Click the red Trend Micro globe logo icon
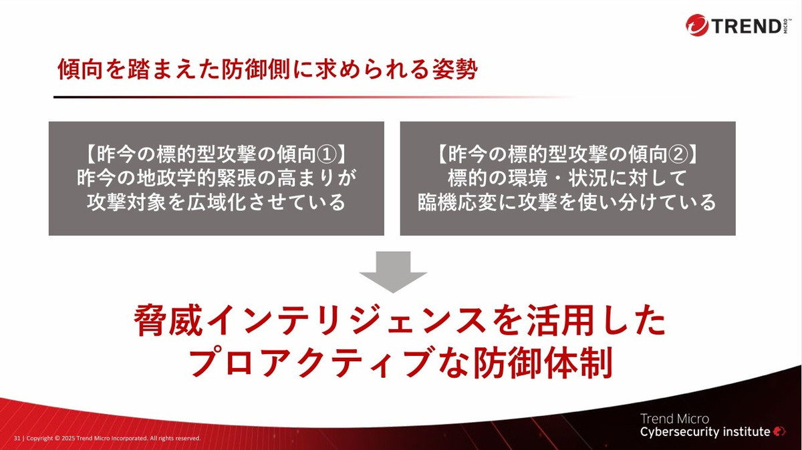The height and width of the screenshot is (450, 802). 697,26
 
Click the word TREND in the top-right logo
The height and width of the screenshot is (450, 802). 745,26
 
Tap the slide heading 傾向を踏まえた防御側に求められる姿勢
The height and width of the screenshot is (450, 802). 267,70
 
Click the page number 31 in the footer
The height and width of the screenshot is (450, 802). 17,438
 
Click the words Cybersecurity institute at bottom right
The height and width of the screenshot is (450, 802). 705,432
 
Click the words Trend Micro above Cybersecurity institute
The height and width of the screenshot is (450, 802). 674,419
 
